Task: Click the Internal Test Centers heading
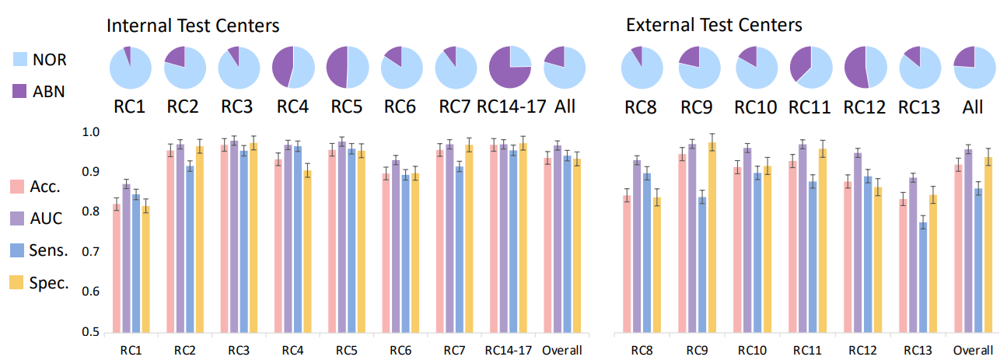(192, 26)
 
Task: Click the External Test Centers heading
(714, 26)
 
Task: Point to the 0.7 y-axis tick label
(92, 252)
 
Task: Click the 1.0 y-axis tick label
(92, 132)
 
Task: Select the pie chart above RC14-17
(510, 68)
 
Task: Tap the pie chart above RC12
(865, 68)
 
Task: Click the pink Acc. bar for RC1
(116, 268)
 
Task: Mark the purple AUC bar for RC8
(637, 246)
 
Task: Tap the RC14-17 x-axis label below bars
(508, 351)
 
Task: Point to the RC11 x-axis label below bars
(806, 351)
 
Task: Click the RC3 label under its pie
(237, 106)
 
